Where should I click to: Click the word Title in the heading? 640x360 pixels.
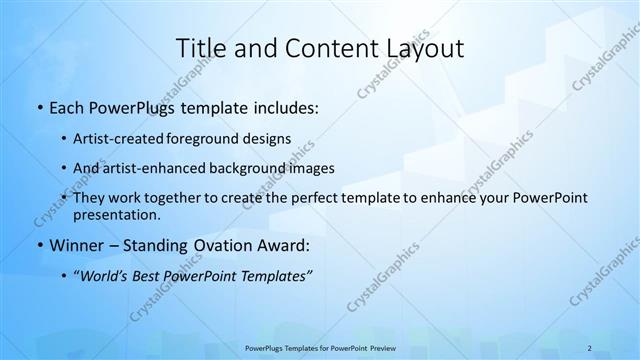coord(201,48)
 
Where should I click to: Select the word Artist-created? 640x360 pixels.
coord(120,139)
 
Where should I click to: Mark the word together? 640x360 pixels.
coord(160,198)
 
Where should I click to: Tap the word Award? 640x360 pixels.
coord(285,246)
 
